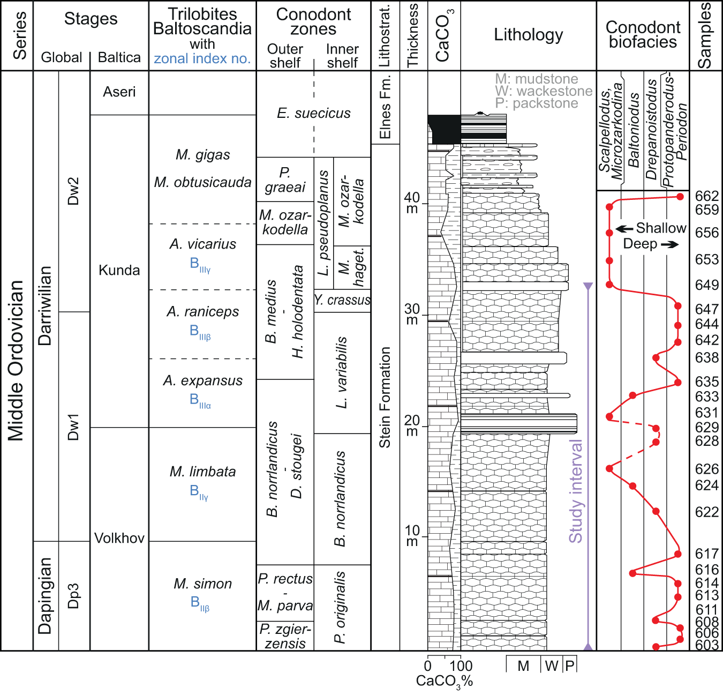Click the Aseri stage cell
(119, 92)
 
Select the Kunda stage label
(119, 270)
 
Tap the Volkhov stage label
(119, 538)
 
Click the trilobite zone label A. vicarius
(202, 244)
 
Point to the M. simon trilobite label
(202, 584)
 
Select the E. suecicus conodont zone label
(313, 114)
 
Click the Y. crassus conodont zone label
(342, 300)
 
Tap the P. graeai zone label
(285, 180)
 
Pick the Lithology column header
(528, 35)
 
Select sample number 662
(706, 196)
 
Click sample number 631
(706, 413)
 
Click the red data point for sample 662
(680, 197)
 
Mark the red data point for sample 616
(632, 573)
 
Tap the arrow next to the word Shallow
(624, 229)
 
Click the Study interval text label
(576, 491)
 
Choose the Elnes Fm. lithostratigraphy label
(385, 107)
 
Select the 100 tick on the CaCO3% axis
(461, 666)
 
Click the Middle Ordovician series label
(16, 360)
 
